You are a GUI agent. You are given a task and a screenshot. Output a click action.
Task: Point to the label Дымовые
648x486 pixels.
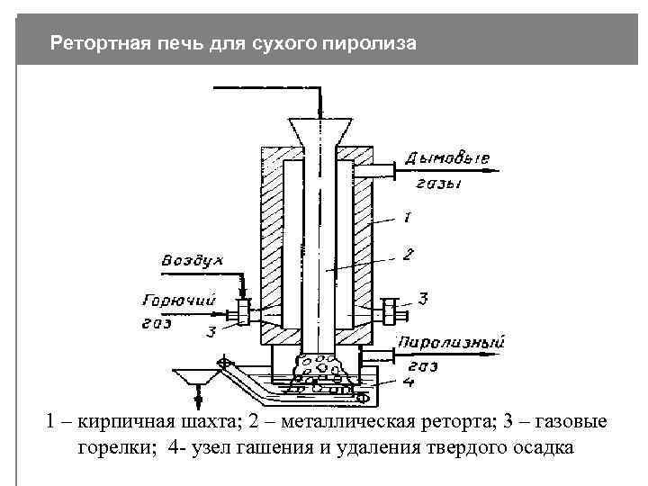click(x=448, y=159)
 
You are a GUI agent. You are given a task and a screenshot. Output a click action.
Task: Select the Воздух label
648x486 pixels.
click(x=192, y=260)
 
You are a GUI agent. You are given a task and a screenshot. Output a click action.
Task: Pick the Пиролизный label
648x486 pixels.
click(x=451, y=342)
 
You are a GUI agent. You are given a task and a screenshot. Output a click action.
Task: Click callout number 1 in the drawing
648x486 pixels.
click(x=408, y=217)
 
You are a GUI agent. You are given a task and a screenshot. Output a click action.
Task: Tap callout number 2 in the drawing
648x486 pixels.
click(x=408, y=255)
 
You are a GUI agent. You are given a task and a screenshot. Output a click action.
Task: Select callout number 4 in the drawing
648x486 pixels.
click(x=408, y=382)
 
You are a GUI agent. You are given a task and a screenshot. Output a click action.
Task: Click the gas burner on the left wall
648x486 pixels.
click(x=241, y=314)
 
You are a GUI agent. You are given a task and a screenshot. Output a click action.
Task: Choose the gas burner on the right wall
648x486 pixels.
click(x=390, y=312)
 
